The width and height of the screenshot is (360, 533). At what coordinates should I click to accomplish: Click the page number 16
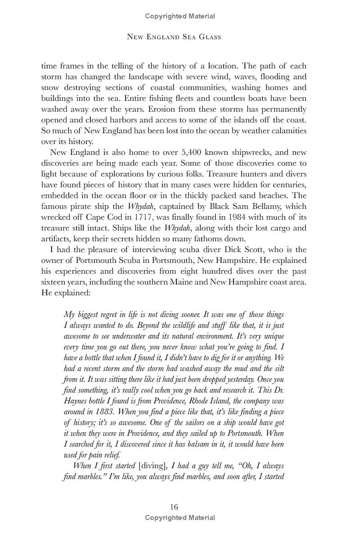point(174,507)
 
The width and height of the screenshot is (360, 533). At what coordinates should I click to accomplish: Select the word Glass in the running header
point(208,36)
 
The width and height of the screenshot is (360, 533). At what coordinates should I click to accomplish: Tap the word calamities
point(287,130)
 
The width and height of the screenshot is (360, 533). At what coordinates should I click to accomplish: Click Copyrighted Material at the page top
point(180,16)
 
